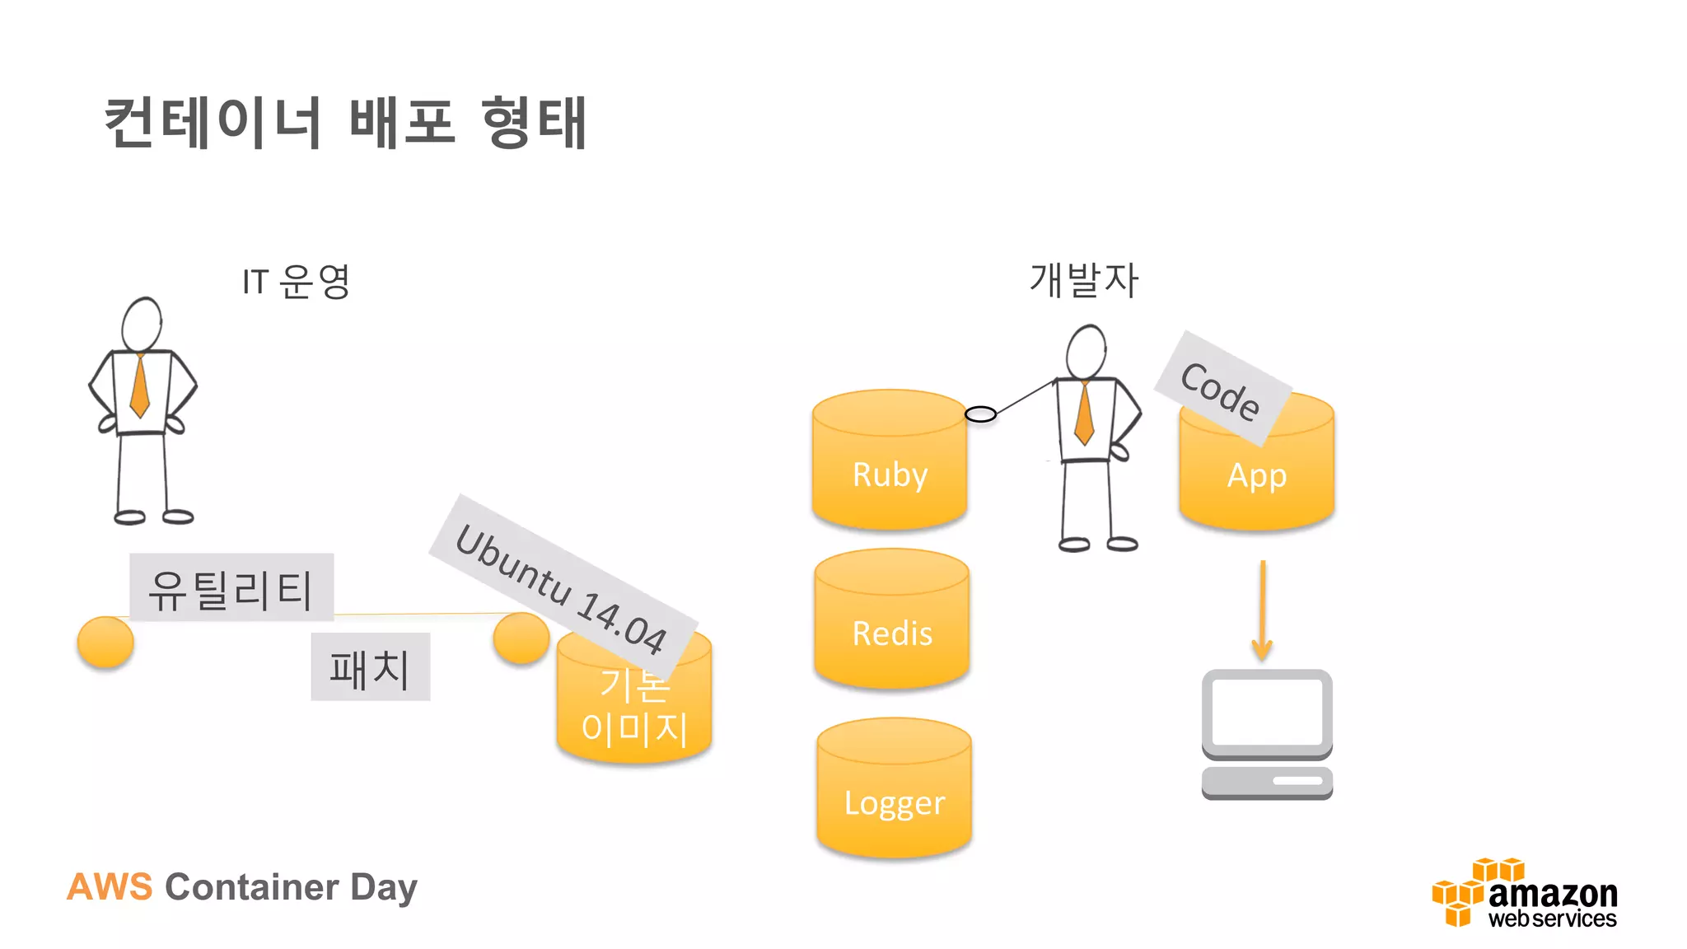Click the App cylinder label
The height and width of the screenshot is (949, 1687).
[1256, 476]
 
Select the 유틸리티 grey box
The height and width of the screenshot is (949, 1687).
[231, 588]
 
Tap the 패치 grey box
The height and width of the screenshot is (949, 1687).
[370, 667]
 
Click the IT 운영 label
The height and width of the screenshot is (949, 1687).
[297, 282]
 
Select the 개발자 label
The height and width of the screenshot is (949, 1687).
[1083, 280]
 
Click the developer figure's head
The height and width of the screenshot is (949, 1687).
[1086, 352]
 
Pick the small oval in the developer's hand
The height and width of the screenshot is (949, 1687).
[980, 414]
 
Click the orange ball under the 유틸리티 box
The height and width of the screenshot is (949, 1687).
[105, 642]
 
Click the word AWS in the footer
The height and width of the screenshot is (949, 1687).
[110, 887]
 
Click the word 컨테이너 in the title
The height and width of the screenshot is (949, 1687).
[213, 124]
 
